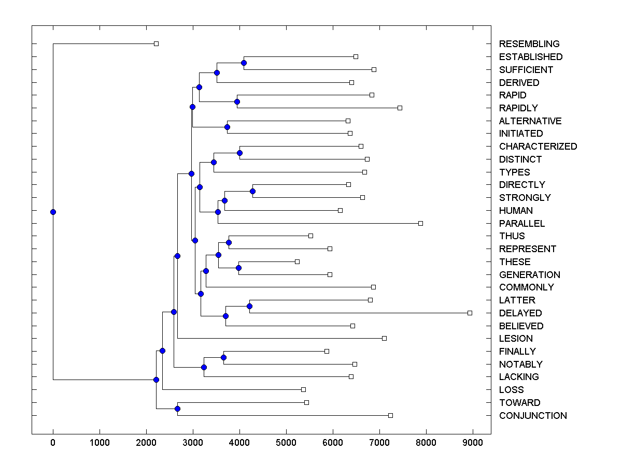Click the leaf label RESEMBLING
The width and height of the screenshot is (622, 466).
point(529,44)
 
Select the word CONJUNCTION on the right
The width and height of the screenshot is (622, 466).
point(533,416)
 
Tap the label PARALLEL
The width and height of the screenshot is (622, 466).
point(522,224)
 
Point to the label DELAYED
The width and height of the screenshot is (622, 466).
point(520,313)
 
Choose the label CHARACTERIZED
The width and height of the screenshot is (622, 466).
point(538,147)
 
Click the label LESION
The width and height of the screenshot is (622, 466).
point(516,339)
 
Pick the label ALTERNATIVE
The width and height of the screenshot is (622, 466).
point(530,121)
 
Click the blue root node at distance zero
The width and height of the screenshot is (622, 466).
point(53,212)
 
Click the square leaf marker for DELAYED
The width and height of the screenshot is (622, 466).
point(470,313)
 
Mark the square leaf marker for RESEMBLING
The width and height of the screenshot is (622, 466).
point(156,44)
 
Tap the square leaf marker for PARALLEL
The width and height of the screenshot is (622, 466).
point(420,223)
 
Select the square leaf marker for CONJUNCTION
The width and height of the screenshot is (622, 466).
point(390,415)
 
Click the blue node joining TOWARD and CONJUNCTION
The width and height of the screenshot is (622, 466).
point(177,409)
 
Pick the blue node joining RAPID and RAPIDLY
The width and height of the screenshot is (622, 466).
point(237,101)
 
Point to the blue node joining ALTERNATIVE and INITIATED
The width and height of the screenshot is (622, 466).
point(227,127)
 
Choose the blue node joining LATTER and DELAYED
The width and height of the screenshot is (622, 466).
point(249,306)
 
